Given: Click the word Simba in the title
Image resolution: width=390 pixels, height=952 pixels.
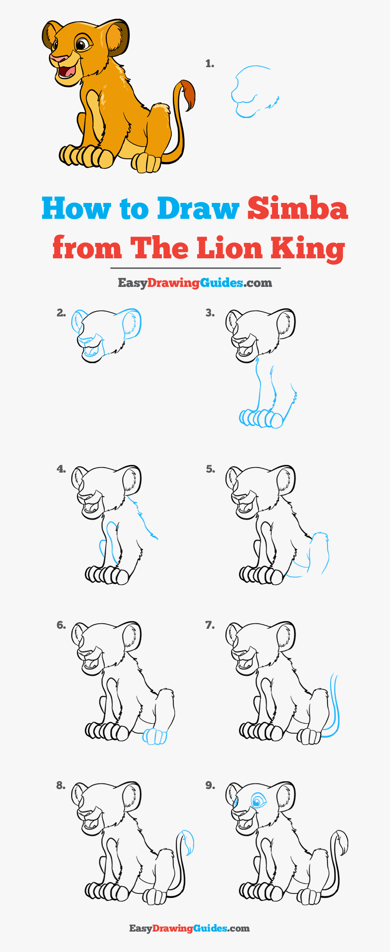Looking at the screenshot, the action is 297,208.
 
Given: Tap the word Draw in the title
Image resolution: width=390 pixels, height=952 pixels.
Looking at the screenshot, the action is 198,208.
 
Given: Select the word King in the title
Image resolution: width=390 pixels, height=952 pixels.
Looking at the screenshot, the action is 308,249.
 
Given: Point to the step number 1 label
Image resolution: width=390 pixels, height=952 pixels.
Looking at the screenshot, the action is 210,64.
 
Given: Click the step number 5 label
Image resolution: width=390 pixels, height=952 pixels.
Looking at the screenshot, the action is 210,469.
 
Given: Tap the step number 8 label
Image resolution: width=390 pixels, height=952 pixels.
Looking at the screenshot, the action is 61,785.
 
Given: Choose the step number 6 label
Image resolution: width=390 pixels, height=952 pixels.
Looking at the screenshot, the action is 61,625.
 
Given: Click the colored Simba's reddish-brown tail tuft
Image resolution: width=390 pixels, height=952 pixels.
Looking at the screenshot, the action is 188,94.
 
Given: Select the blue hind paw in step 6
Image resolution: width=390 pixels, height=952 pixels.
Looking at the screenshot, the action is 155,736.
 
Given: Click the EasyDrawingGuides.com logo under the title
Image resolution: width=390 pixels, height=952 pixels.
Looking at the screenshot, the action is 195,283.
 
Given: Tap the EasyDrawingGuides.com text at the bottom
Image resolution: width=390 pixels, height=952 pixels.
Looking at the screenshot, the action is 190,928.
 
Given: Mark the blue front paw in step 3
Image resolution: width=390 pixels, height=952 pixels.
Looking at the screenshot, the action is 261,418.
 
